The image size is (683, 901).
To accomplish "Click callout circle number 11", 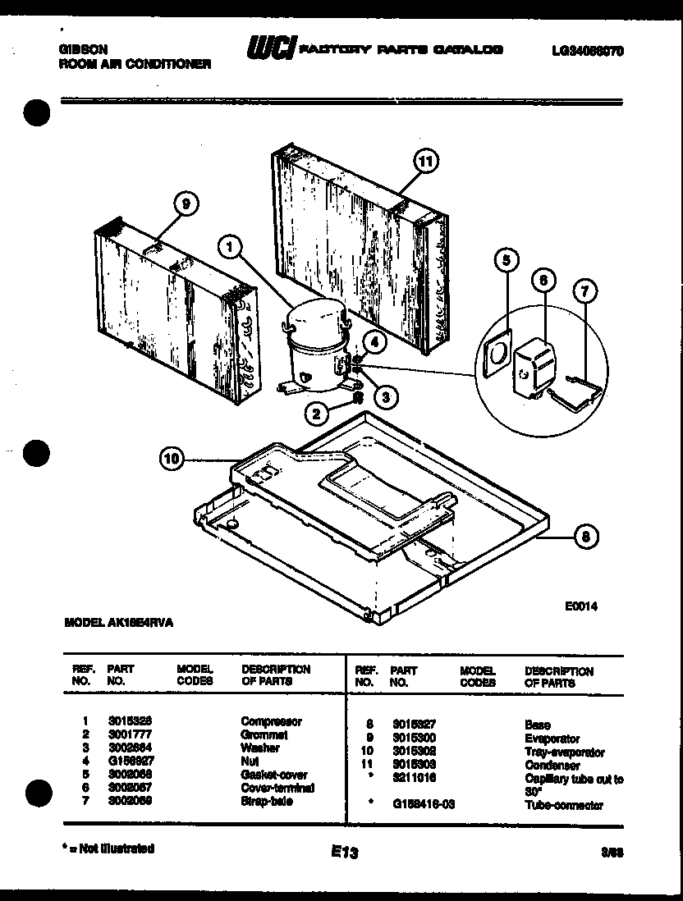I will coord(424,162).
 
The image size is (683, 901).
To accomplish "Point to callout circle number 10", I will coord(171,460).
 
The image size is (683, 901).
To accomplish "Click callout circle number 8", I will coord(584,538).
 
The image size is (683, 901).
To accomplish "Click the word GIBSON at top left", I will coord(82,49).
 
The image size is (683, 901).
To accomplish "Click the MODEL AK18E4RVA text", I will coord(119,623).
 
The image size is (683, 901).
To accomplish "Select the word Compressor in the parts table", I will coord(271,721).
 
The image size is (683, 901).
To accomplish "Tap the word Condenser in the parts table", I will coord(552,765).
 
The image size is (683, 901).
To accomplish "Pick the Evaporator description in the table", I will coord(552,739).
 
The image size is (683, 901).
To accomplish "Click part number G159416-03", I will coord(424,805).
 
